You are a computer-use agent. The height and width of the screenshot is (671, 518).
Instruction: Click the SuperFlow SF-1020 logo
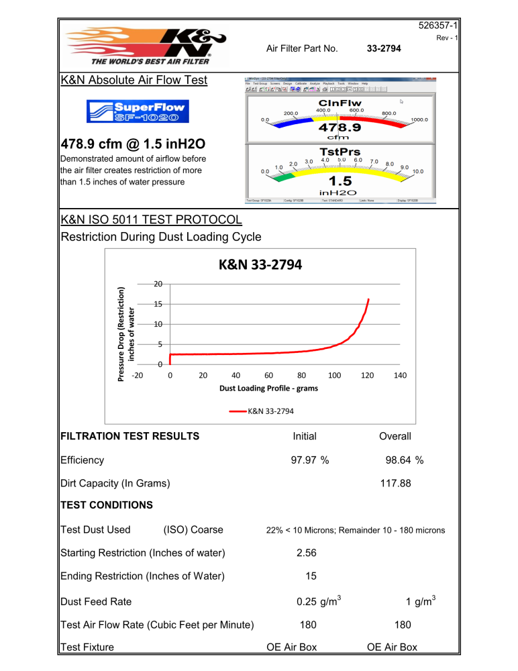[138, 111]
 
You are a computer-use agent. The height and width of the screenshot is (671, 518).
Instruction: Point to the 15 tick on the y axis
[156, 304]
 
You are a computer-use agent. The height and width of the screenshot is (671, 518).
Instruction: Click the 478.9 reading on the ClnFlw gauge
[340, 127]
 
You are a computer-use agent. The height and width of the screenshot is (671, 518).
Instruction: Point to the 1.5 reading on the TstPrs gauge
[340, 181]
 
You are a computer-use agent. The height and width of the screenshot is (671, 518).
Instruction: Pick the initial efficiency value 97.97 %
[305, 460]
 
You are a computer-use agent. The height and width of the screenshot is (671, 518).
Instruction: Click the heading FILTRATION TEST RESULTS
[130, 436]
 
